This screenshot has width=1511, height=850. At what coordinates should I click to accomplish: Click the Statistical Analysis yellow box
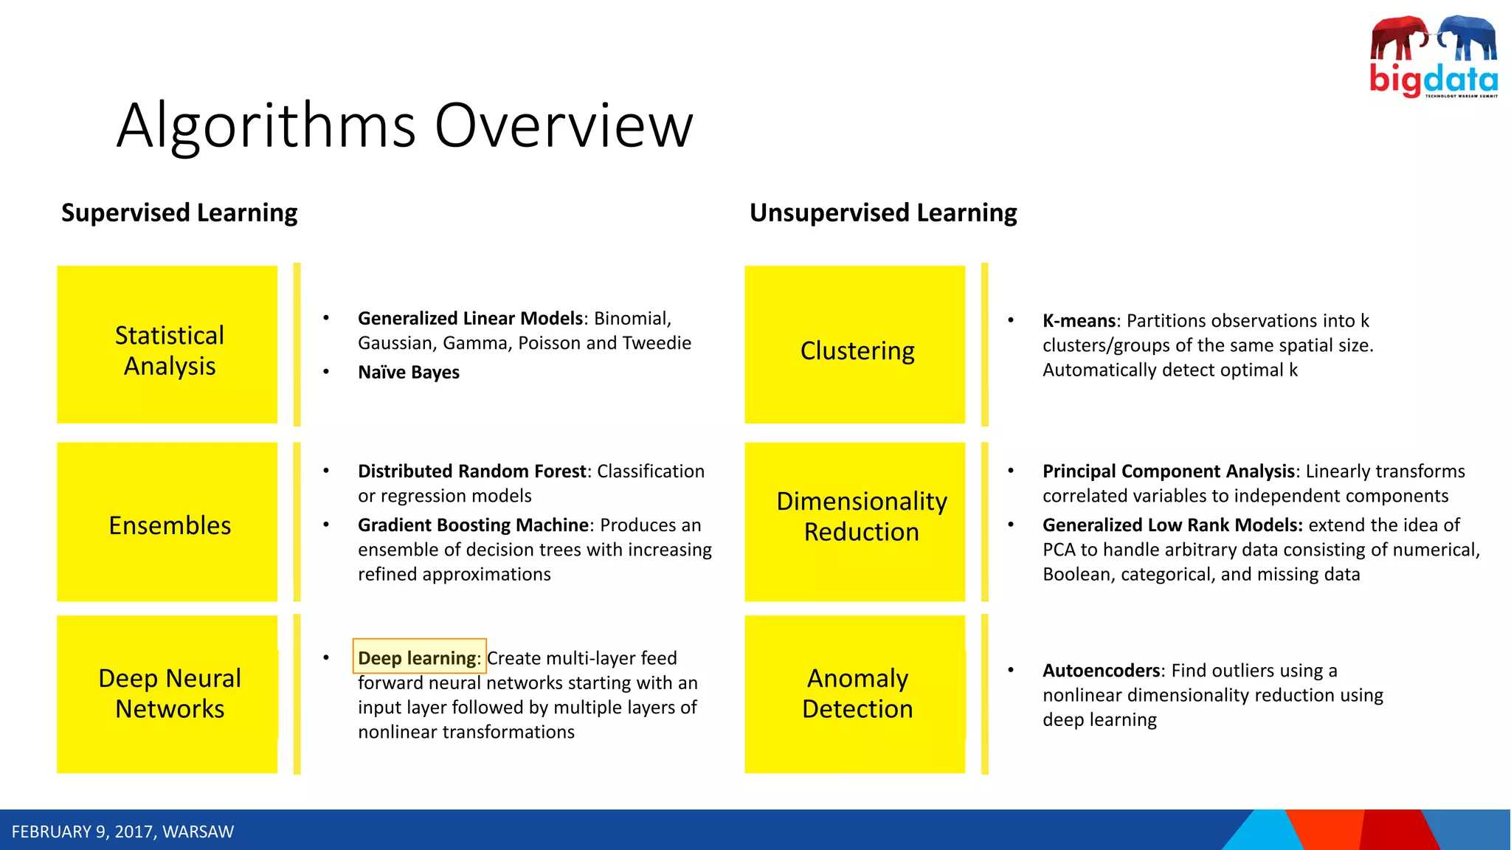[x=167, y=345]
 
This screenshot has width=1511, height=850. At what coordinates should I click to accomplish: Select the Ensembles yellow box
[x=167, y=522]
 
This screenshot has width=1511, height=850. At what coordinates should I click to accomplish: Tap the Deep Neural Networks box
[x=167, y=694]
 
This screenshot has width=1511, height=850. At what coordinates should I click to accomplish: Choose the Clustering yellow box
[x=854, y=345]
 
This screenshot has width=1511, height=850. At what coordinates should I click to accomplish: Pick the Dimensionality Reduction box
[x=854, y=522]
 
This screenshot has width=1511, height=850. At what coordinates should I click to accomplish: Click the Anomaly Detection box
[x=854, y=694]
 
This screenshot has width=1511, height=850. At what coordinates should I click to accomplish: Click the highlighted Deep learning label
[x=419, y=657]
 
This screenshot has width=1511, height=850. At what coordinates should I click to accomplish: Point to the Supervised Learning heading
[x=179, y=212]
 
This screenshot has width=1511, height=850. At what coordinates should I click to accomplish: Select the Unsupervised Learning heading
[x=883, y=212]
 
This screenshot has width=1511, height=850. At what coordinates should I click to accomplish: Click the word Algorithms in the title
[x=266, y=125]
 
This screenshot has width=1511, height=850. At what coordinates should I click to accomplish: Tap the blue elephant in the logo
[x=1468, y=38]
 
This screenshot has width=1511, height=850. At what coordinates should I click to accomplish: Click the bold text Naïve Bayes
[x=408, y=373]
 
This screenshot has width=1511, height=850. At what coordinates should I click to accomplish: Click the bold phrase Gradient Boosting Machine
[x=474, y=525]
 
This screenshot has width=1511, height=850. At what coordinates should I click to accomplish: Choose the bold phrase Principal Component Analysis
[x=1169, y=471]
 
